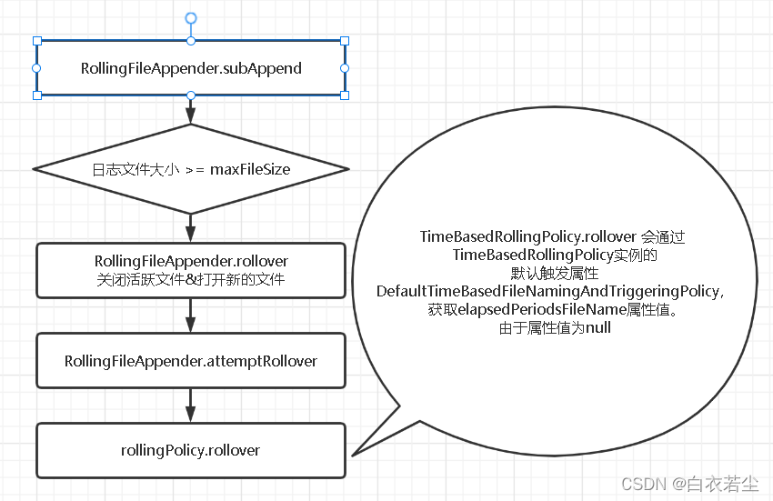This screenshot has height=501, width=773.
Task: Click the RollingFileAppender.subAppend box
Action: [191, 68]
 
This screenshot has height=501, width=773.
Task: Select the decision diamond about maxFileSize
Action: [191, 169]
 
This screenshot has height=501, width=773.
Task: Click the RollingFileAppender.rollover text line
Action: [191, 262]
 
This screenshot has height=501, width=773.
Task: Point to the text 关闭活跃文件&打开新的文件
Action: [191, 280]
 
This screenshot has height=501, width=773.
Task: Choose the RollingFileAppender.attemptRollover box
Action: [191, 361]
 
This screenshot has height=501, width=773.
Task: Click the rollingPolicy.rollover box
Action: [191, 450]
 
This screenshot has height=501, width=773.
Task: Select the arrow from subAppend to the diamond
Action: [191, 110]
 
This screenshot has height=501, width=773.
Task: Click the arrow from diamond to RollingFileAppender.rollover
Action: [191, 227]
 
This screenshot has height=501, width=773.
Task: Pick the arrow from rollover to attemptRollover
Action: [191, 316]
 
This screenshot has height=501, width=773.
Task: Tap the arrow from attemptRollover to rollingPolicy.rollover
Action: [191, 406]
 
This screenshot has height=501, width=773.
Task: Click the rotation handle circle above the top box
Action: [191, 18]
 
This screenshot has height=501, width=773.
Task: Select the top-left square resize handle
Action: [37, 41]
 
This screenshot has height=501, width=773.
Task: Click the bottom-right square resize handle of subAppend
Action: [345, 95]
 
